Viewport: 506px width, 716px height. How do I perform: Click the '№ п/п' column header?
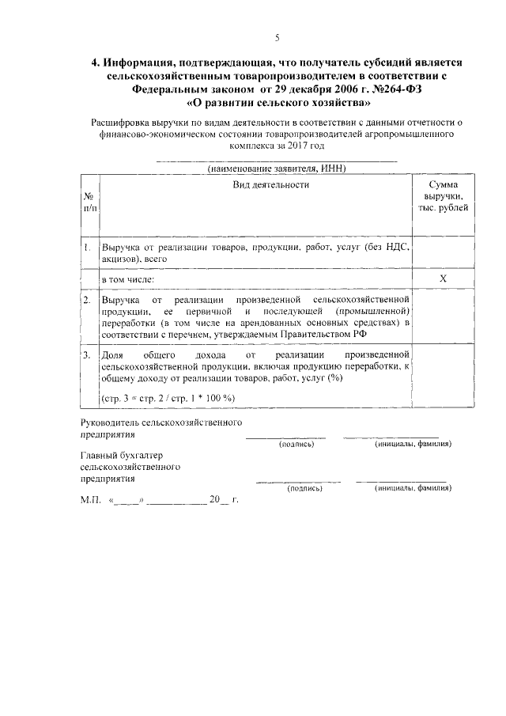click(89, 202)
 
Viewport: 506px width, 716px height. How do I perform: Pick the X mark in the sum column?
click(443, 279)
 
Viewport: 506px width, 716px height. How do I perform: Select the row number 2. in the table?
click(87, 301)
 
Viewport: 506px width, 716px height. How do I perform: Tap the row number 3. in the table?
click(87, 355)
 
